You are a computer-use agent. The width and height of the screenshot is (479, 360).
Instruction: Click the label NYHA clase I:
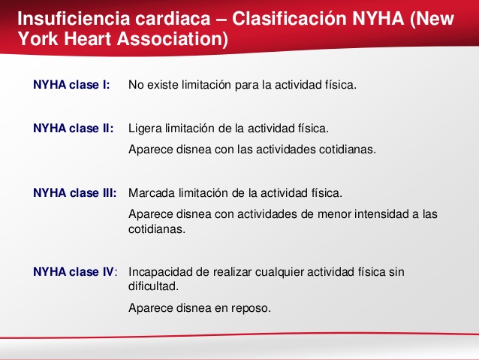pyautogui.click(x=71, y=85)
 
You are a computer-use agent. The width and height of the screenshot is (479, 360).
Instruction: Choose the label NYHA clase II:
pyautogui.click(x=74, y=129)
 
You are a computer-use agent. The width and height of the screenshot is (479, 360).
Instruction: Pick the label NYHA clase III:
pyautogui.click(x=75, y=192)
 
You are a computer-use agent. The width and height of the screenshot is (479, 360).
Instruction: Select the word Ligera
pyautogui.click(x=146, y=129)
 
